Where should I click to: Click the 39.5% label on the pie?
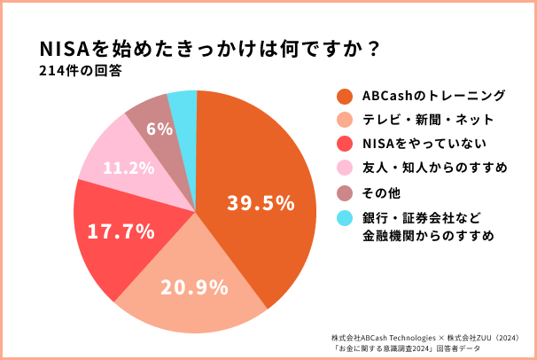click(261, 203)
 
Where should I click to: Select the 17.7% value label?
click(121, 231)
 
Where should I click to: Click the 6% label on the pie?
click(160, 129)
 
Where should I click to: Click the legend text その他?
click(382, 191)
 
